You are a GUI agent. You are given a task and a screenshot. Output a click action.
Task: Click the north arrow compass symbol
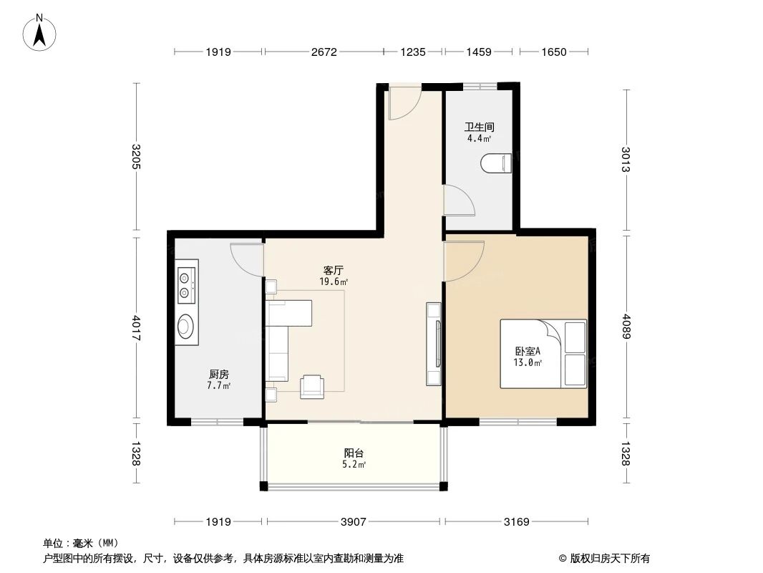tap(39, 33)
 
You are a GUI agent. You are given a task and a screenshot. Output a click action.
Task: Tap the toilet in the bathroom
tap(496, 163)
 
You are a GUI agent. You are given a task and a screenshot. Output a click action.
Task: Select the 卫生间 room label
tap(480, 127)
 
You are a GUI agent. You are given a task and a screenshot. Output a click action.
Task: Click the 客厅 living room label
tap(334, 270)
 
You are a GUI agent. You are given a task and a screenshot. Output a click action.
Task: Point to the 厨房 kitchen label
tap(218, 375)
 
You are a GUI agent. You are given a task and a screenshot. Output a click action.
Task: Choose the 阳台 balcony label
tap(354, 453)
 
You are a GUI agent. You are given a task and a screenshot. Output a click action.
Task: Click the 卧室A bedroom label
tap(528, 351)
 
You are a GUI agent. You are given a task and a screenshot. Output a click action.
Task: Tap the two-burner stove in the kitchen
tap(187, 285)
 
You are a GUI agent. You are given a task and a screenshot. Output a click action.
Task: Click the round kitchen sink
tap(185, 326)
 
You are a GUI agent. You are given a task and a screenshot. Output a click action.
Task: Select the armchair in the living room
tap(312, 387)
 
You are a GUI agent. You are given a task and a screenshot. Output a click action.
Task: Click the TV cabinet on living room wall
tap(434, 344)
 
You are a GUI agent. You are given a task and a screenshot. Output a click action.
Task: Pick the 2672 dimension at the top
tap(324, 52)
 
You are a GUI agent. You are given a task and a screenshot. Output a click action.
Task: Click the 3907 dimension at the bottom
tap(354, 522)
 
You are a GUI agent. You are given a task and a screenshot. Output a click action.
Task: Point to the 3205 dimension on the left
tap(136, 157)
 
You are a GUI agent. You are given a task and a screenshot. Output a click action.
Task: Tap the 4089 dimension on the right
tap(626, 327)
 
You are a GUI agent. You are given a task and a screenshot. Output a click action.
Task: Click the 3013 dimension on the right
tap(626, 159)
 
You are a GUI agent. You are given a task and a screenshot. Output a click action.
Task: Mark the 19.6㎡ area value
tap(334, 281)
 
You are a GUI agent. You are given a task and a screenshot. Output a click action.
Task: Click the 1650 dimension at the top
tap(554, 52)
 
